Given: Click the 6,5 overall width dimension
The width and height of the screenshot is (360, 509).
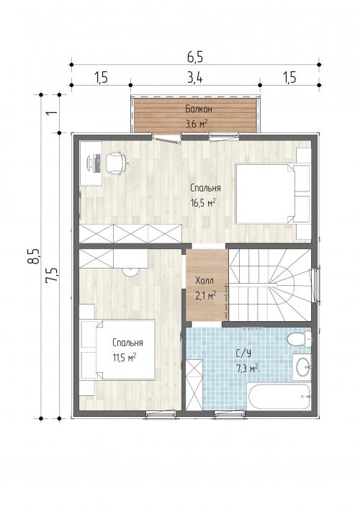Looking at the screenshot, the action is point(195,57).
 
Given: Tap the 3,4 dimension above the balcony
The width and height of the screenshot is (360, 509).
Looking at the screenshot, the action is point(195,78).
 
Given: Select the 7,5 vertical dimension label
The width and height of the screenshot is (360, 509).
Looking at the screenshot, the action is point(53,275).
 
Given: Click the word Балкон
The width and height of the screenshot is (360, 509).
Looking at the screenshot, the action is point(199,109).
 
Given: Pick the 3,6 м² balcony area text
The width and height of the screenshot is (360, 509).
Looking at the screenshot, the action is point(197,123).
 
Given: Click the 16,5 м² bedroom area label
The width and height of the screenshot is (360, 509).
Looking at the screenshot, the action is point(204,203).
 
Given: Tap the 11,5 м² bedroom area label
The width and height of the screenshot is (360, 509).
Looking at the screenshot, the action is point(125,357).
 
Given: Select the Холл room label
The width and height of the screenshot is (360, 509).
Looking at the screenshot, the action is point(204,280).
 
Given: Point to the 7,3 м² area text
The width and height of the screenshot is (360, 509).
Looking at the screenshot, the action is point(247,368).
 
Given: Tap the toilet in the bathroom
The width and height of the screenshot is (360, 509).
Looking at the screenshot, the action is point(300,339).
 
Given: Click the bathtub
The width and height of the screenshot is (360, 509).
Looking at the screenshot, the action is point(279,397).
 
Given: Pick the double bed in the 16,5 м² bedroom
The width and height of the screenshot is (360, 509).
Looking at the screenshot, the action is point(272,194).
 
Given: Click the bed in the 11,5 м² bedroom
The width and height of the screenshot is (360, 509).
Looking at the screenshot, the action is point(118,350).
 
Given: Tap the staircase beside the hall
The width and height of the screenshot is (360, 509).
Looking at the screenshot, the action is point(270,284).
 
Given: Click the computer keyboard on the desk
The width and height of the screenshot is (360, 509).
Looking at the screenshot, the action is point(97,163).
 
